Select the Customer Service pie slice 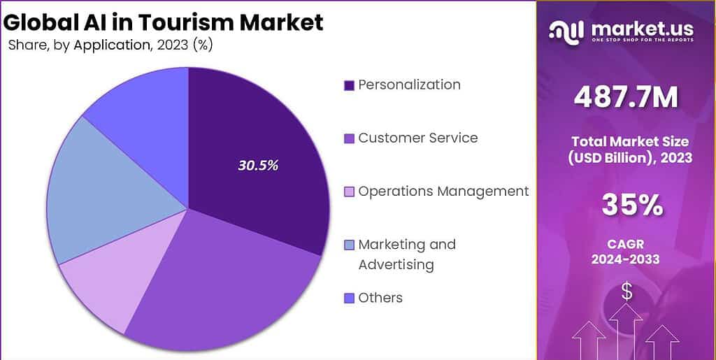pyautogui.click(x=231, y=280)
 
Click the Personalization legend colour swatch pyautogui.click(x=349, y=86)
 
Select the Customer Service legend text pyautogui.click(x=417, y=138)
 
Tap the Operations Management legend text pyautogui.click(x=443, y=191)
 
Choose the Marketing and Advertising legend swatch pyautogui.click(x=349, y=245)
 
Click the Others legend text pyautogui.click(x=380, y=298)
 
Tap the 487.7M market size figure pyautogui.click(x=626, y=98)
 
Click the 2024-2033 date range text pyautogui.click(x=626, y=260)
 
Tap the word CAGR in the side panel pyautogui.click(x=626, y=244)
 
